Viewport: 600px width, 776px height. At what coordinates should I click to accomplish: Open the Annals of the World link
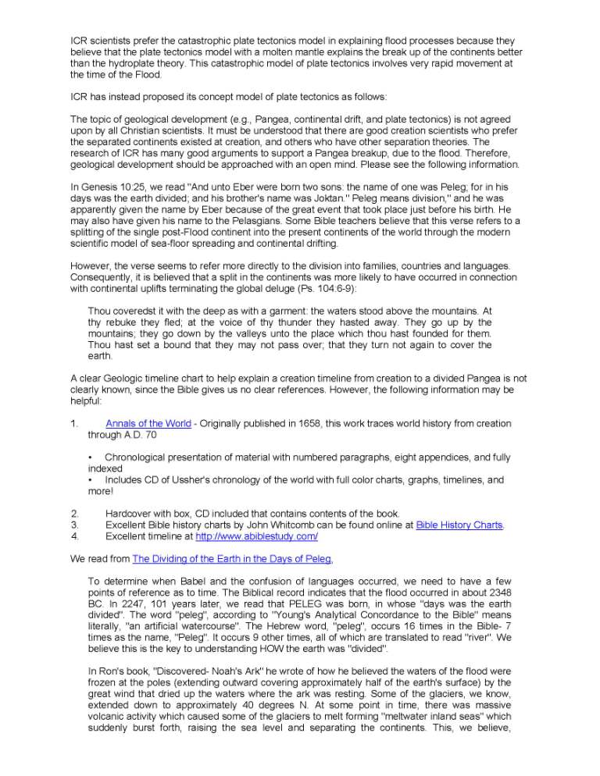148,424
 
